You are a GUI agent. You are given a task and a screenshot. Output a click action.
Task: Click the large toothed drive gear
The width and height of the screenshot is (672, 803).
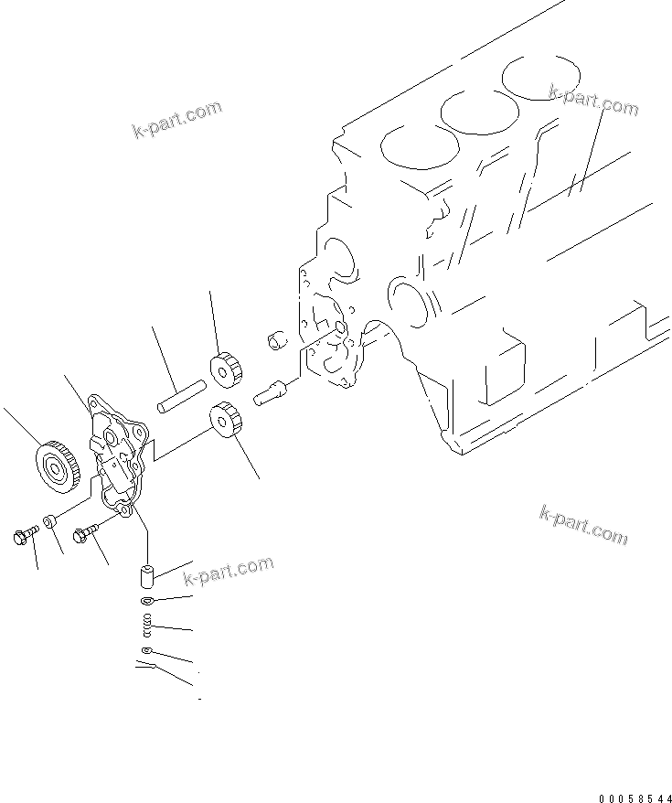[x=58, y=464]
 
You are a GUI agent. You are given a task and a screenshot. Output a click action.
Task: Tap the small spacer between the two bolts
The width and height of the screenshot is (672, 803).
[x=52, y=521]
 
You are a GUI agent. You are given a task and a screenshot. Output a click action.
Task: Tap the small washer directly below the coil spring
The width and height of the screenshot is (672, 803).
[x=146, y=650]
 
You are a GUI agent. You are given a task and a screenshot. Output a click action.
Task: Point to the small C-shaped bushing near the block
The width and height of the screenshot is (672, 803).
[x=276, y=339]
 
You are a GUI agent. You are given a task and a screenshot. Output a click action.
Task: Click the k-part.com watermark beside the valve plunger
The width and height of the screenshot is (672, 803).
[x=229, y=571]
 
